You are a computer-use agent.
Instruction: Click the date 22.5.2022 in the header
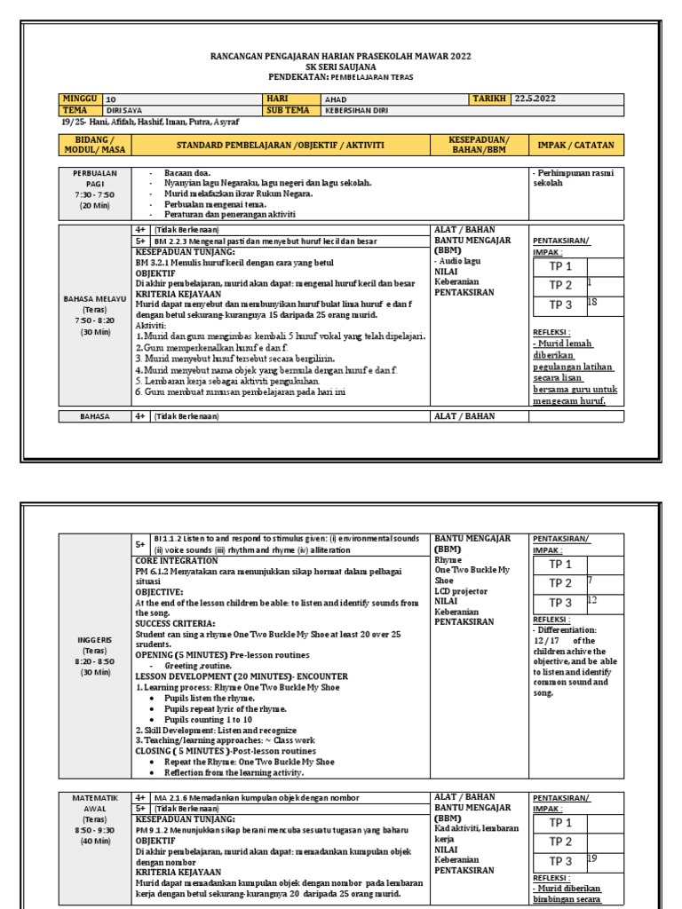pyautogui.click(x=535, y=99)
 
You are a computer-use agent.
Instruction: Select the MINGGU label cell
pyautogui.click(x=80, y=99)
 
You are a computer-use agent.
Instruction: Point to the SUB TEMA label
pyautogui.click(x=288, y=110)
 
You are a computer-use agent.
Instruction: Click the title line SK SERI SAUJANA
pyautogui.click(x=340, y=67)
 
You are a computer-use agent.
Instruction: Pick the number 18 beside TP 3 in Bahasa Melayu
pyautogui.click(x=592, y=303)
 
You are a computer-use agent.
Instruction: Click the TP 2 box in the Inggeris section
pyautogui.click(x=560, y=583)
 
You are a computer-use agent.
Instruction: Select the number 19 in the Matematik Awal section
pyautogui.click(x=592, y=858)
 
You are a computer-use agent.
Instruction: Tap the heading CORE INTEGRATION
pyautogui.click(x=177, y=561)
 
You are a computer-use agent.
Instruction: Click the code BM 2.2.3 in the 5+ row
pyautogui.click(x=171, y=241)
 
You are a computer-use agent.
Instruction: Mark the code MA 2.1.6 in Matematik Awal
pyautogui.click(x=171, y=798)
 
